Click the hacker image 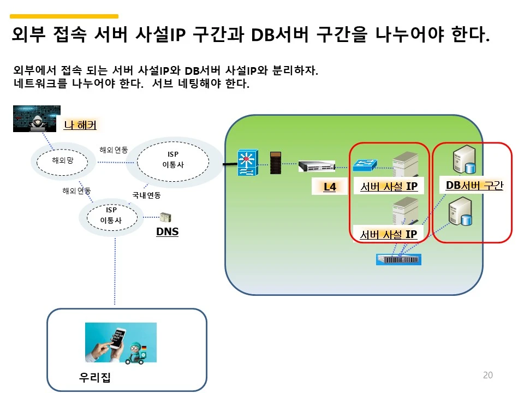pyautogui.click(x=37, y=118)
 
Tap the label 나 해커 pyautogui.click(x=80, y=125)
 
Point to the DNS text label pyautogui.click(x=167, y=231)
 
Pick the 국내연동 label pyautogui.click(x=146, y=195)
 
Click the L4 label pyautogui.click(x=330, y=187)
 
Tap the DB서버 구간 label pyautogui.click(x=474, y=185)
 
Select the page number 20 pyautogui.click(x=488, y=375)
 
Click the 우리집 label pyautogui.click(x=95, y=378)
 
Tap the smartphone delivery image pyautogui.click(x=121, y=342)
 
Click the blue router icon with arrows pyautogui.click(x=247, y=162)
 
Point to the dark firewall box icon pyautogui.click(x=276, y=162)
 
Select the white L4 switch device pyautogui.click(x=317, y=165)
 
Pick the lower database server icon pyautogui.click(x=459, y=212)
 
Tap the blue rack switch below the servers pyautogui.click(x=399, y=259)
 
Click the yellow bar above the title pyautogui.click(x=64, y=16)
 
